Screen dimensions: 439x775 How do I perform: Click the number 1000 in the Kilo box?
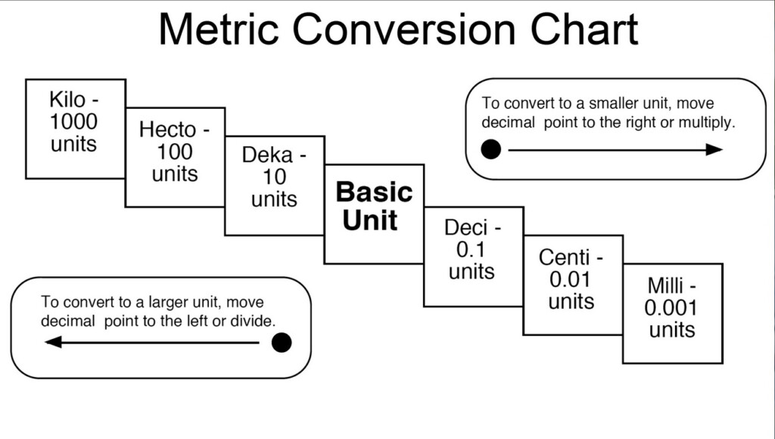74,121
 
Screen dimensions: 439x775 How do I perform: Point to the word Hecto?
167,129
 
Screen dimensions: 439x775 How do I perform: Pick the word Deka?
267,156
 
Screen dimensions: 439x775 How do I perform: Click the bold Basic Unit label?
374,206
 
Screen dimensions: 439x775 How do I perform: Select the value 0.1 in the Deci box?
472,249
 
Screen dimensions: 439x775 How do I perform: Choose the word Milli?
666,286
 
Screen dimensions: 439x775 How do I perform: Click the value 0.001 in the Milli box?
671,308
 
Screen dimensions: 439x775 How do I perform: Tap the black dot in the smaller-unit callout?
491,149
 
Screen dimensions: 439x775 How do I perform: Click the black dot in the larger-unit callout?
282,343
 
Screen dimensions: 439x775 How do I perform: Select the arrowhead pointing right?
714,150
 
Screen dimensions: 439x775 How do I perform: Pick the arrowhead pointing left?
54,342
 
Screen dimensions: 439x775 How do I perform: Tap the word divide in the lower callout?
252,321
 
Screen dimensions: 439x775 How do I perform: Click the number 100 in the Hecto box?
174,151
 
